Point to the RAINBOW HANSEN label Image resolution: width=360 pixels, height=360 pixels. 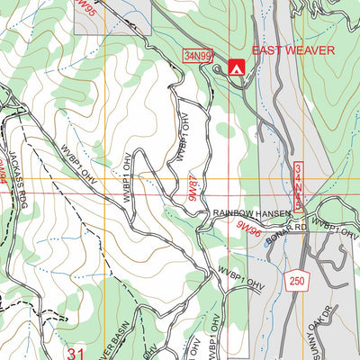pos(253,213)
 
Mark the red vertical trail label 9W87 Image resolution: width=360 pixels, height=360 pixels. pos(192,190)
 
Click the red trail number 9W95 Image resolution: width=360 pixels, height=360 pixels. pos(85,9)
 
